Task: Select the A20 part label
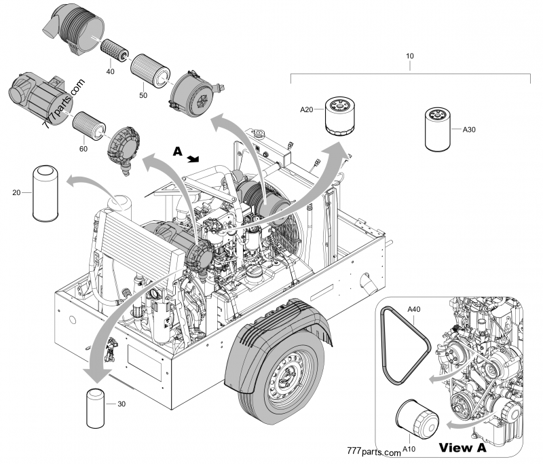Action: point(307,109)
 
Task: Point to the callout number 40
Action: point(109,71)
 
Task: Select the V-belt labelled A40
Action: point(405,346)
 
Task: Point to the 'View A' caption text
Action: point(463,448)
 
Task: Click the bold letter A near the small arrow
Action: point(177,154)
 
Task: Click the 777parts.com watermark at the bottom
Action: point(374,451)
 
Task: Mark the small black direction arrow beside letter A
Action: point(194,159)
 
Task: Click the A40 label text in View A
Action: point(415,309)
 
